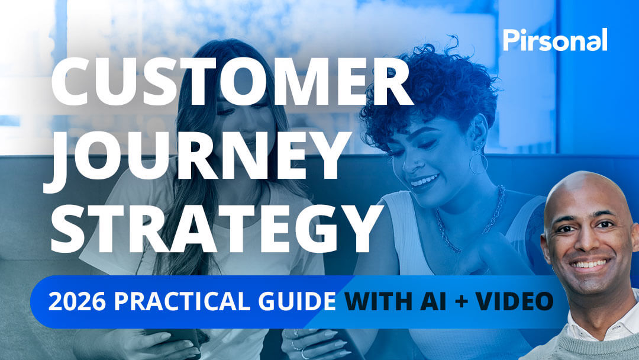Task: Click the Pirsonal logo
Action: click(x=555, y=40)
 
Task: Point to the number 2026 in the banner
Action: click(x=78, y=302)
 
